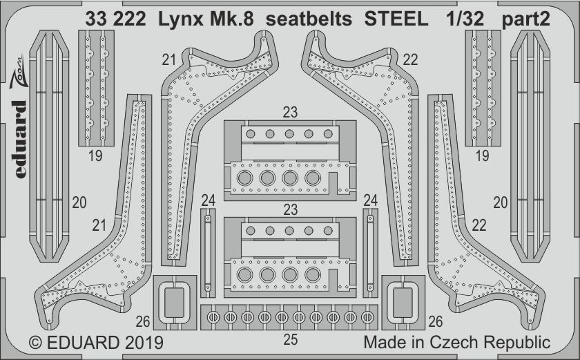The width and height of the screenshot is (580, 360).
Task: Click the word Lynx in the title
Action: tap(181, 19)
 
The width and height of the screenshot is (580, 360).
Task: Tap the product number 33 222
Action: tap(115, 19)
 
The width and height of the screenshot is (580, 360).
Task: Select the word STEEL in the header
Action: tap(396, 19)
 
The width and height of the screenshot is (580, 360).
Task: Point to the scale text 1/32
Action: tap(465, 19)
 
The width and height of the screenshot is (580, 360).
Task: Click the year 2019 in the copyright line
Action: tap(144, 342)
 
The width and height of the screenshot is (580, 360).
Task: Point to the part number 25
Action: tap(290, 339)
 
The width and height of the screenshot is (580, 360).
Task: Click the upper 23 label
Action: tap(290, 112)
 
